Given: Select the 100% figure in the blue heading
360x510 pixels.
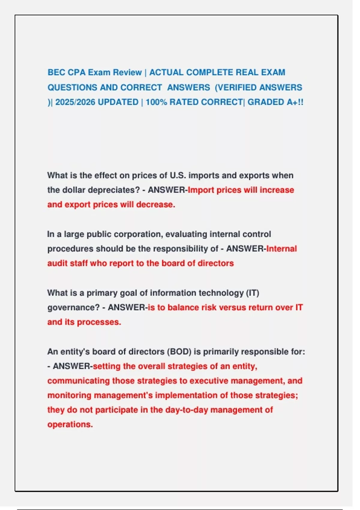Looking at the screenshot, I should (x=156, y=102).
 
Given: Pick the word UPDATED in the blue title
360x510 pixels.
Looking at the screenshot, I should (x=118, y=102).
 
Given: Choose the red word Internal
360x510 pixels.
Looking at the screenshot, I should (x=281, y=249).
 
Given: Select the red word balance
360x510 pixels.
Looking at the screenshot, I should (x=183, y=308).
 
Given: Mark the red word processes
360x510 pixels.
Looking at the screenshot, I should (x=99, y=322).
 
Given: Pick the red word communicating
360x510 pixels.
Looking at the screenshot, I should (x=78, y=381).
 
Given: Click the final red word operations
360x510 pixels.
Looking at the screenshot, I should (x=70, y=424).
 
